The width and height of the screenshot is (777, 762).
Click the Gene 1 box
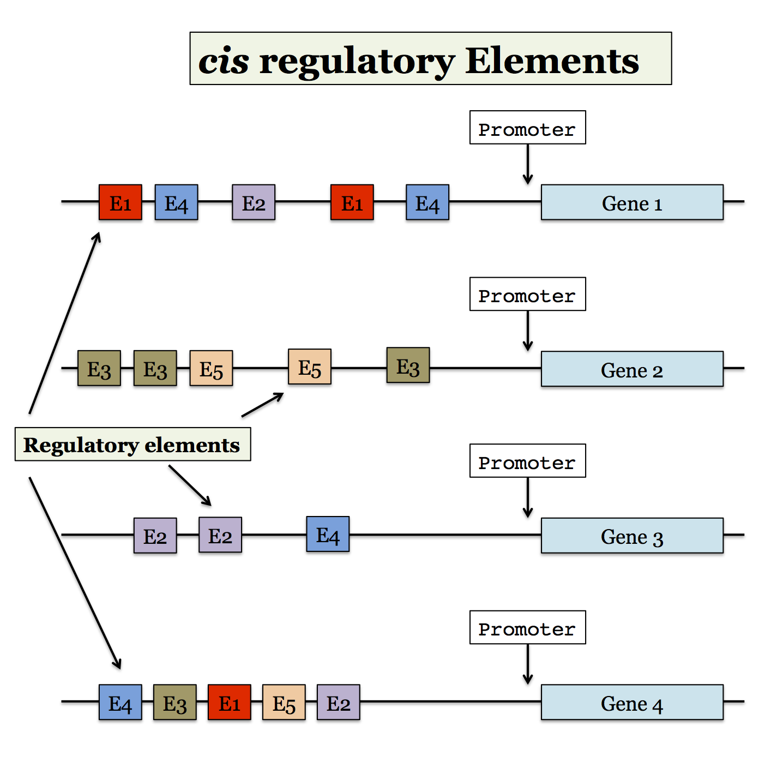click(x=632, y=202)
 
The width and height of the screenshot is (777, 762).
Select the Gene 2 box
click(x=632, y=369)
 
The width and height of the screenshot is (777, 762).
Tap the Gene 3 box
click(x=632, y=536)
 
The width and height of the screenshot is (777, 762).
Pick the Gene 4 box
click(x=632, y=703)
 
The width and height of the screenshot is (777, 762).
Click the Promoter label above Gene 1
click(x=527, y=128)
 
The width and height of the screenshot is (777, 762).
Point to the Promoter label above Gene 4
click(x=527, y=627)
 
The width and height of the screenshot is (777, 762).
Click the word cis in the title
click(x=224, y=61)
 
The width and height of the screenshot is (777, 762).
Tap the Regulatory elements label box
click(x=132, y=445)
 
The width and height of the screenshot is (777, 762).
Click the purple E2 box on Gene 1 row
click(x=254, y=202)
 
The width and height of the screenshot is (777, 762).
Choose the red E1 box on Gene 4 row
click(x=230, y=703)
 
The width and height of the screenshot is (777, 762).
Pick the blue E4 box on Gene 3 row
click(x=328, y=535)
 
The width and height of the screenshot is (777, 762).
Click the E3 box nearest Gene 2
click(x=408, y=365)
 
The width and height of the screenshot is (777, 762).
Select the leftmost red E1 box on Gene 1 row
click(x=121, y=202)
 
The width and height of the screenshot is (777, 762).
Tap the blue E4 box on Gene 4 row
click(x=121, y=703)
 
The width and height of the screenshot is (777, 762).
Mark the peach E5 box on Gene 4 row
click(x=284, y=703)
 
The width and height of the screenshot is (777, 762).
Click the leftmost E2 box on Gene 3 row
click(x=155, y=536)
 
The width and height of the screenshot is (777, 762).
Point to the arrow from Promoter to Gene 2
click(x=527, y=331)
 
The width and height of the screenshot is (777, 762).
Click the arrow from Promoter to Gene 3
click(x=527, y=497)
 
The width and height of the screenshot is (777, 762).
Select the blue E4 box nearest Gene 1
click(x=427, y=202)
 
